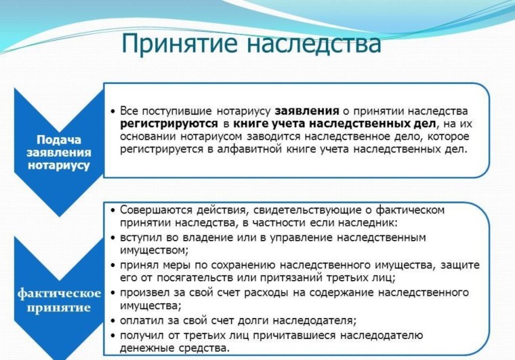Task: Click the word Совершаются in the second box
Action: pos(153,210)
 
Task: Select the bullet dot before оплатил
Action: pos(112,320)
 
